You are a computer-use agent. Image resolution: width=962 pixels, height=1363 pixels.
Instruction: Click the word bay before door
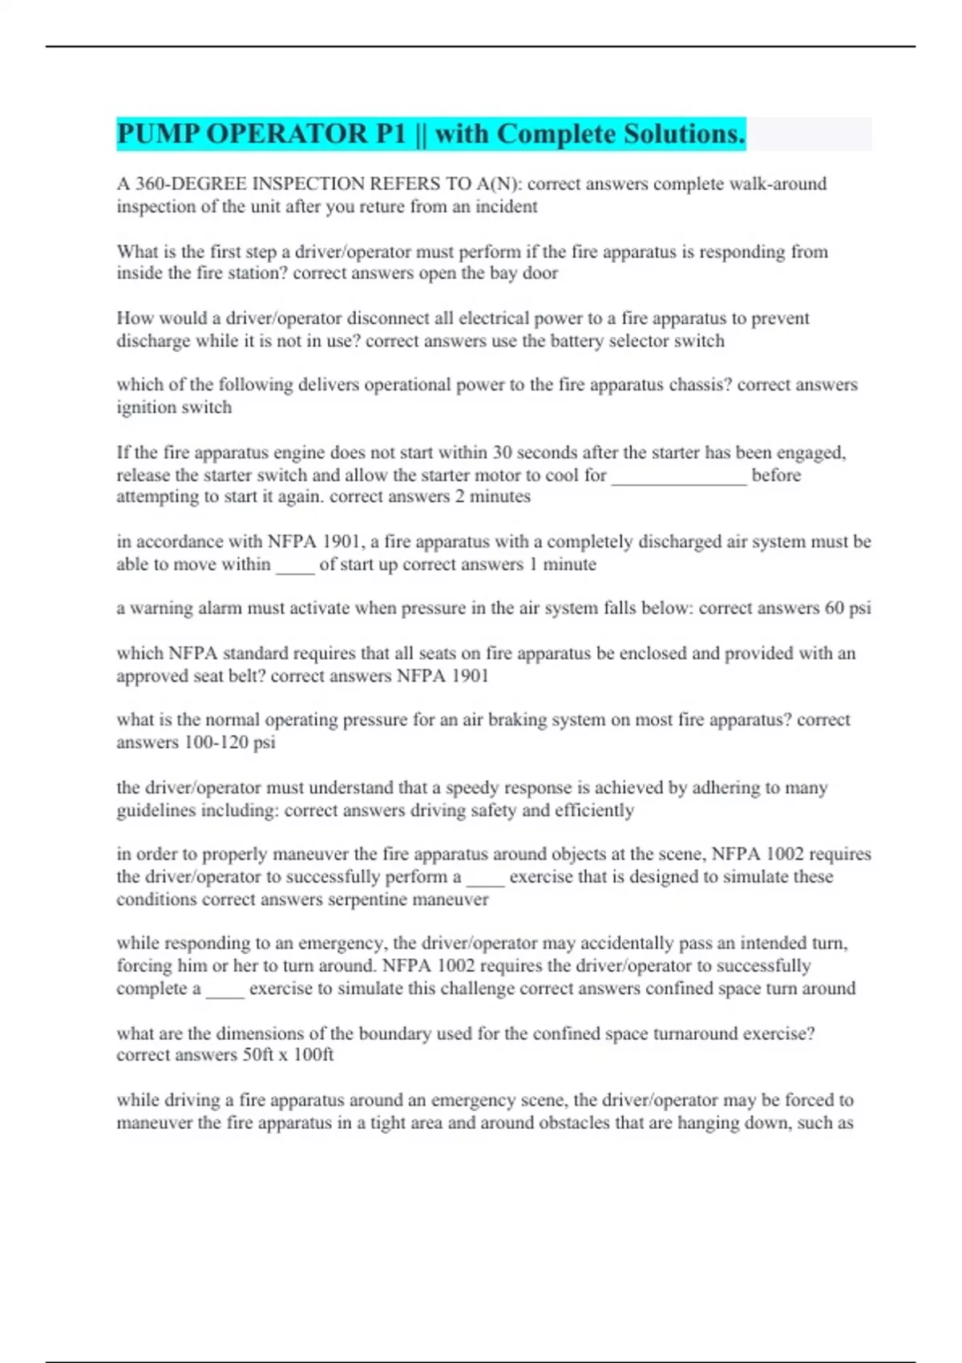pyautogui.click(x=503, y=273)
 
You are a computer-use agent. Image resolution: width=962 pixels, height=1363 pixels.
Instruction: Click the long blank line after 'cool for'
pyautogui.click(x=678, y=475)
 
